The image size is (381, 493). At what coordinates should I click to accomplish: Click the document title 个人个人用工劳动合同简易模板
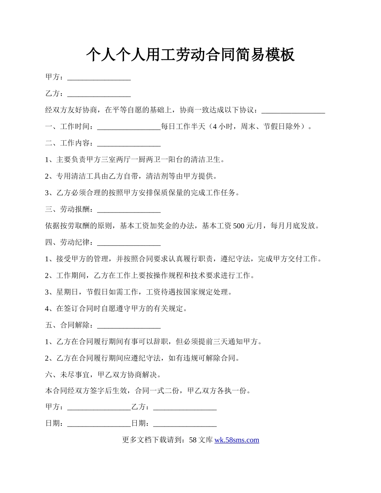[190, 55]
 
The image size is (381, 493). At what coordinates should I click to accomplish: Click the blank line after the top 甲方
[99, 77]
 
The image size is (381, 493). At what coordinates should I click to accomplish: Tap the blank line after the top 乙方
[99, 94]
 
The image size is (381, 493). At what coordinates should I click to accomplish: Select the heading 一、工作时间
[69, 127]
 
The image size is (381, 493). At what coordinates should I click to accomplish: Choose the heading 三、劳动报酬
[69, 210]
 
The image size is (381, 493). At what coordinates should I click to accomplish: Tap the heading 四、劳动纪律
[69, 243]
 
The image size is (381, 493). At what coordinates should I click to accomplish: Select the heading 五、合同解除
[69, 325]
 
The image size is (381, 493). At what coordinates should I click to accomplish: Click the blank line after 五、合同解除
[129, 325]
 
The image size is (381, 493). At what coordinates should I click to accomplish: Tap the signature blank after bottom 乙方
[185, 407]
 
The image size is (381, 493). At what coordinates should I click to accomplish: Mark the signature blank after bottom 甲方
[99, 407]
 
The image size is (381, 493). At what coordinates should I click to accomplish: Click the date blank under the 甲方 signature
[99, 424]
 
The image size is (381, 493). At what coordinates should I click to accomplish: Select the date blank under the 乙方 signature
[185, 424]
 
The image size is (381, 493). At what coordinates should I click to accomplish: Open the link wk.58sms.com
[237, 440]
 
